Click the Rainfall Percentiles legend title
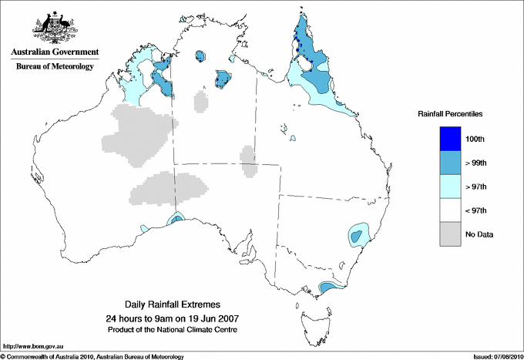[450, 114]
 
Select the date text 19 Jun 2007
[210, 318]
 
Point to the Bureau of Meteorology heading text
[54, 67]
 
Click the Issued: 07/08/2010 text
[497, 356]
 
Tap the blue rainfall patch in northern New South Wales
[358, 234]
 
